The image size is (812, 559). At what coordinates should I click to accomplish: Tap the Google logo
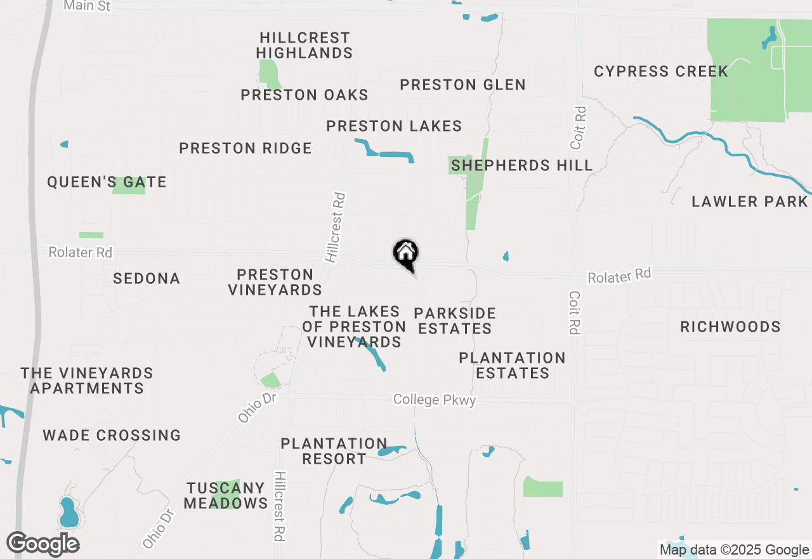coord(43,544)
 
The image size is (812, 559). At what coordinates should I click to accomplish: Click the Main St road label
coord(88,6)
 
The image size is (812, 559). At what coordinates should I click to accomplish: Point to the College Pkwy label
coord(435,400)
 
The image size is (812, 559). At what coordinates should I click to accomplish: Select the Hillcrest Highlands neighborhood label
coord(304,46)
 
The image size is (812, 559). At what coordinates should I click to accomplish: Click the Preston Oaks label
coord(304,95)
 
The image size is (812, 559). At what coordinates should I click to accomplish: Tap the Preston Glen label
coord(462,84)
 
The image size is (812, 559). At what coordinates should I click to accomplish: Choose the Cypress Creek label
coord(661,71)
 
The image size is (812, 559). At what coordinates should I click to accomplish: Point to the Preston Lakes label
coord(394,126)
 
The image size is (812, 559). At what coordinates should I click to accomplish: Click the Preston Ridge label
coord(246,149)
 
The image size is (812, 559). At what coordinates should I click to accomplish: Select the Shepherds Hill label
coord(521,166)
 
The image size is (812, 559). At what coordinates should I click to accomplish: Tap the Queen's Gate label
coord(107,182)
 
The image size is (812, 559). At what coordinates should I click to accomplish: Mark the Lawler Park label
coord(749,202)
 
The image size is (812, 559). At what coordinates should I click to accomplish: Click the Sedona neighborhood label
coord(147,278)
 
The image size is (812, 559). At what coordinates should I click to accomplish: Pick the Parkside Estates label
coord(455,321)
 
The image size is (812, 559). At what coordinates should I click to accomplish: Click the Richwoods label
coord(730,327)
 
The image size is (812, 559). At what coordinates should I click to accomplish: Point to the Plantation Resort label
coord(334,451)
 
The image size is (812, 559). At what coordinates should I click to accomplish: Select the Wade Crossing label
coord(112,436)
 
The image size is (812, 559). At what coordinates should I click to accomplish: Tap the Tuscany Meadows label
coord(226,495)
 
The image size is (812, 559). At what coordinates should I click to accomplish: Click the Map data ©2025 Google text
coord(734,550)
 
